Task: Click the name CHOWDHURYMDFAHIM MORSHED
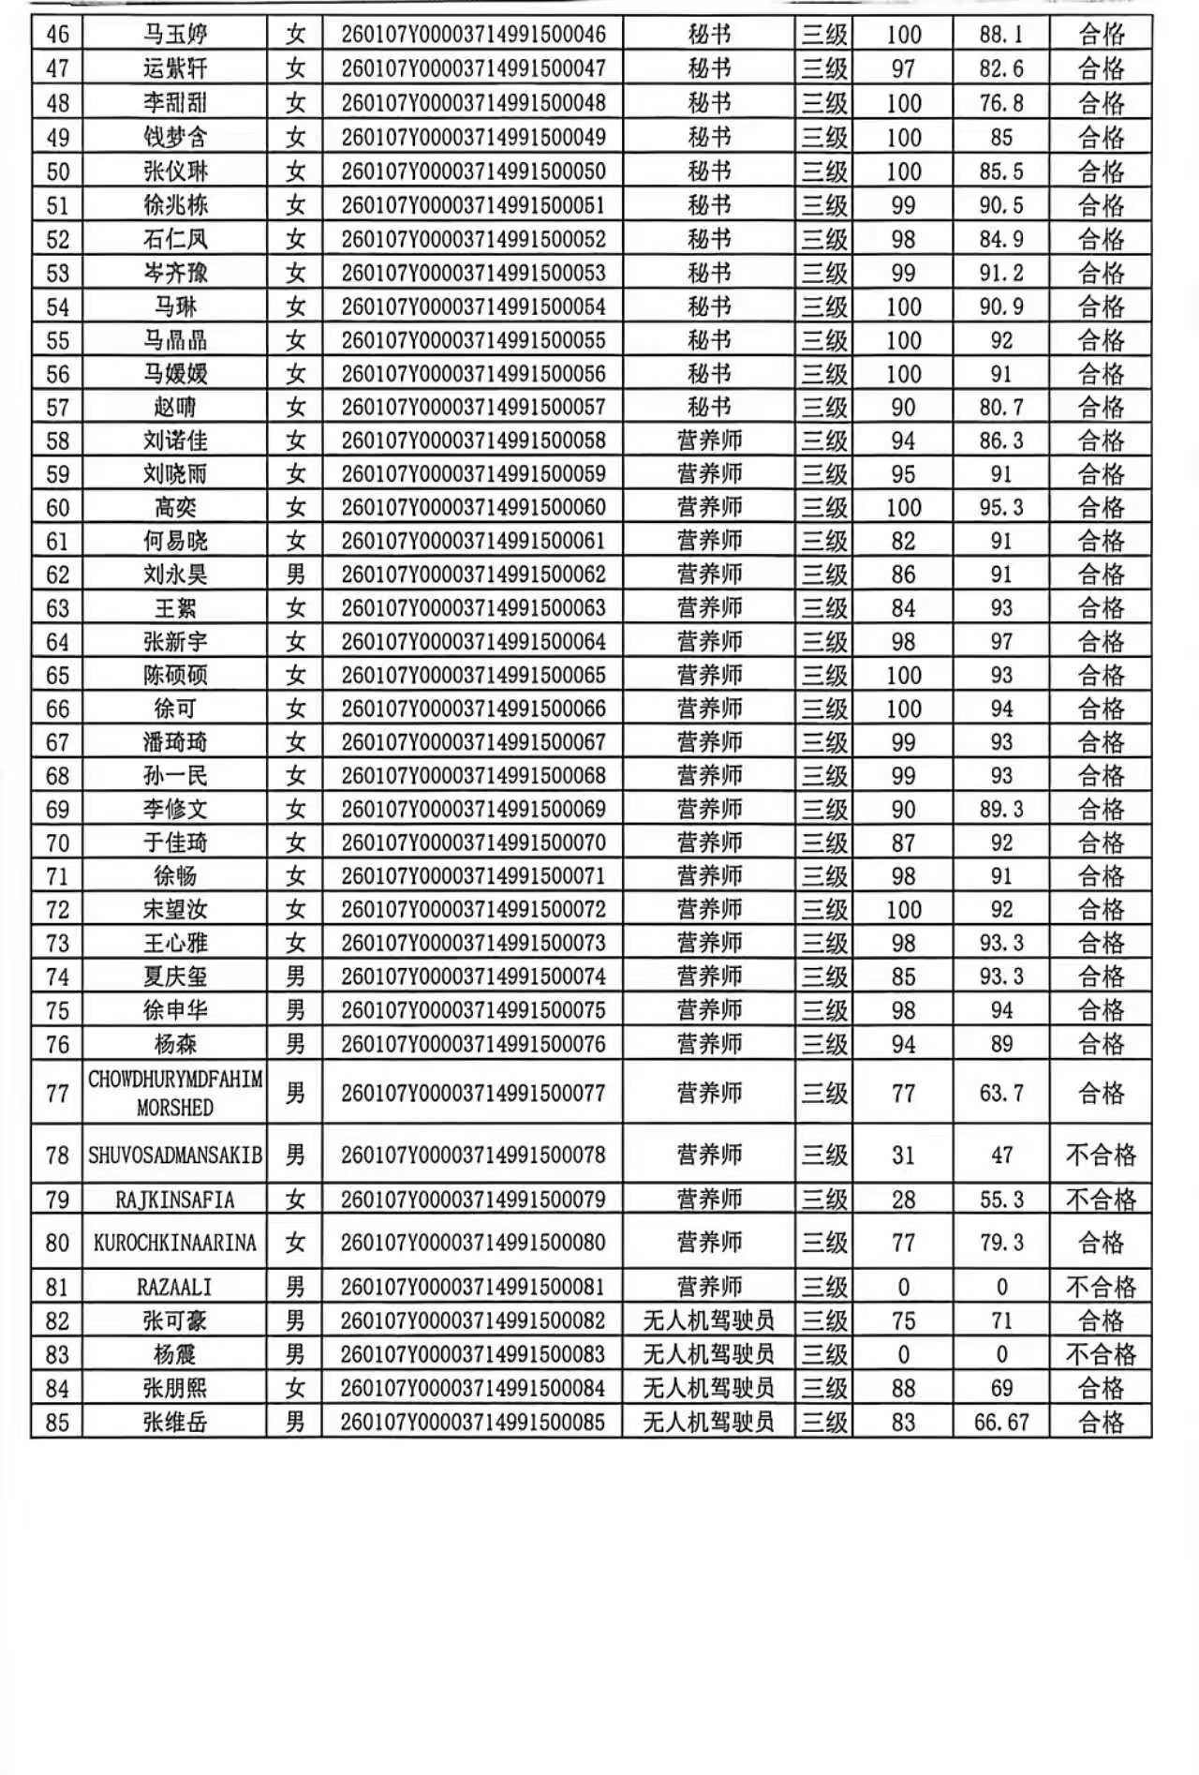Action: pyautogui.click(x=175, y=1093)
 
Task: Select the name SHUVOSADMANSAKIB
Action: pyautogui.click(x=175, y=1155)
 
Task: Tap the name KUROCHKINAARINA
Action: pyautogui.click(x=175, y=1243)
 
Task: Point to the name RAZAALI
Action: pyautogui.click(x=175, y=1287)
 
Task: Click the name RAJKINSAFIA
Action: pyautogui.click(x=175, y=1200)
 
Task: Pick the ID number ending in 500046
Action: pyautogui.click(x=473, y=35)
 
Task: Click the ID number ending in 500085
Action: pyautogui.click(x=473, y=1422)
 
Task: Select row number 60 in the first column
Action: pyautogui.click(x=57, y=508)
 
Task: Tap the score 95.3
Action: pyautogui.click(x=1001, y=508)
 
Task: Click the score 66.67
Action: pyautogui.click(x=1001, y=1422)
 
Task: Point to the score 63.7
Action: pyautogui.click(x=1001, y=1093)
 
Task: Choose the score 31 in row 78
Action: pyautogui.click(x=903, y=1155)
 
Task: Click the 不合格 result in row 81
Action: pyautogui.click(x=1101, y=1287)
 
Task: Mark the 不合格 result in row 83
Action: pyautogui.click(x=1101, y=1354)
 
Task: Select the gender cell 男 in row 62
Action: pyautogui.click(x=295, y=574)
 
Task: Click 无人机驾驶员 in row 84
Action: pyautogui.click(x=709, y=1388)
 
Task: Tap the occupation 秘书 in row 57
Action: pyautogui.click(x=709, y=407)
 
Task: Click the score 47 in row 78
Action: pyautogui.click(x=1001, y=1155)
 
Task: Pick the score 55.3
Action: pyautogui.click(x=1001, y=1200)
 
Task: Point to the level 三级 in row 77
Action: pyautogui.click(x=824, y=1093)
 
